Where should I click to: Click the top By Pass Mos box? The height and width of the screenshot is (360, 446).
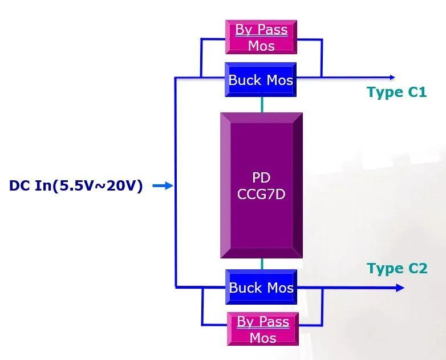point(261,37)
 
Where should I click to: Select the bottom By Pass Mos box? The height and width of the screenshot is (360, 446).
point(262,329)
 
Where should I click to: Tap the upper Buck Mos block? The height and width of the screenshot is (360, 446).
point(261,80)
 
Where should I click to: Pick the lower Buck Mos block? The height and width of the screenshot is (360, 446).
point(261,287)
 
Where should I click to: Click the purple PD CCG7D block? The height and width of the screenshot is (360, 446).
point(261,185)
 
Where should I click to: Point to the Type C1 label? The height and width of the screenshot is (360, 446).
point(396,92)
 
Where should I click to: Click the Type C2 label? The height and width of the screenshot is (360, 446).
point(397,268)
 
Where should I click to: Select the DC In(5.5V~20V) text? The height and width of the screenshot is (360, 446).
point(76,186)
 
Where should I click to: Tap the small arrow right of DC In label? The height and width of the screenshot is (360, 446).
point(163,186)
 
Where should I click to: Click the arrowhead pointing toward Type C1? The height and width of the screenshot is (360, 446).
point(391,77)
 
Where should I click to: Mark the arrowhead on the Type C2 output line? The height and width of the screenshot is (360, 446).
point(400,288)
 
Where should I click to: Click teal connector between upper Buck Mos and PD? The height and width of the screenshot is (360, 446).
point(262,104)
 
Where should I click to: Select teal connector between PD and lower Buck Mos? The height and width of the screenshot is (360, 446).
point(262,264)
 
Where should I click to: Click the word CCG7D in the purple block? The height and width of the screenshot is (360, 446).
point(261,195)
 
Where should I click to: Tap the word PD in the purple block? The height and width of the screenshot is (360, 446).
point(261,177)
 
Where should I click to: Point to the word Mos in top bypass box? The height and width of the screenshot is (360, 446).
point(261,46)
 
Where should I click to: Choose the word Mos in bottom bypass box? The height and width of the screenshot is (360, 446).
point(262,338)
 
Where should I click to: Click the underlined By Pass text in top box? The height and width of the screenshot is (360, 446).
point(261,30)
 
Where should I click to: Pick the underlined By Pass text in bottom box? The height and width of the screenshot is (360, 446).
point(262,322)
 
